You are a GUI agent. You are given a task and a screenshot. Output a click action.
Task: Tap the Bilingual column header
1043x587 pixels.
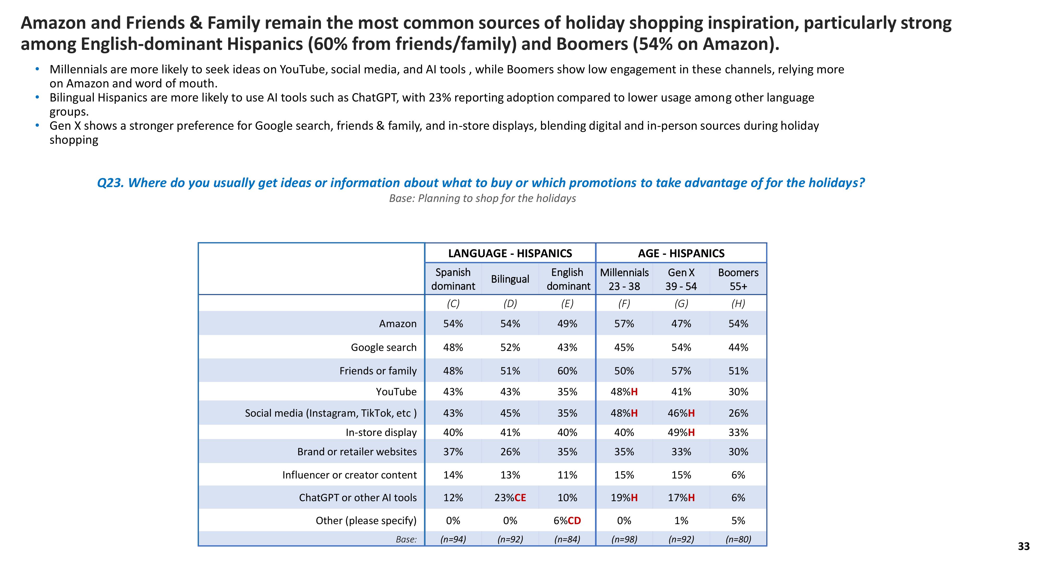click(510, 279)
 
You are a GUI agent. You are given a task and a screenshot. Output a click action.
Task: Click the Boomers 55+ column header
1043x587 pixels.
click(738, 279)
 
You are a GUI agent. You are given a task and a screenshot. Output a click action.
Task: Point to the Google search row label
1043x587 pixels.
click(383, 347)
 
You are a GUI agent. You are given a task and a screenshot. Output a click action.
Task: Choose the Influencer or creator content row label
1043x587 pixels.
click(349, 475)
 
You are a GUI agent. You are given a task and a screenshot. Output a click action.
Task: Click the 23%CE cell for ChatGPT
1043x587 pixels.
click(510, 498)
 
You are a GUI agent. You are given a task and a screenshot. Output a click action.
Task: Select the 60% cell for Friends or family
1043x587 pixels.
click(567, 371)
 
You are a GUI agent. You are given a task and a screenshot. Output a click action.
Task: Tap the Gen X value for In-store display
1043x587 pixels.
click(681, 432)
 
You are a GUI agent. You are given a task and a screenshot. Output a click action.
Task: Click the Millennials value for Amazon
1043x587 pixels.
click(624, 324)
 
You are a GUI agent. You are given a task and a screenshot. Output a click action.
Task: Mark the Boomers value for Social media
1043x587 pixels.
click(738, 413)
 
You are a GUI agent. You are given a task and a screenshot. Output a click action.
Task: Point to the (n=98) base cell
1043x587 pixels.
click(624, 539)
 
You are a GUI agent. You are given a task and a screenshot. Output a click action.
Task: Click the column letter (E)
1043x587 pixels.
click(567, 303)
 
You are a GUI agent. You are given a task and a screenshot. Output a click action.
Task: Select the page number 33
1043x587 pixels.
click(1023, 547)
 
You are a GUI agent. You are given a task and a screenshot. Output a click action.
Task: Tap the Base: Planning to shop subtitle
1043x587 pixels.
click(482, 199)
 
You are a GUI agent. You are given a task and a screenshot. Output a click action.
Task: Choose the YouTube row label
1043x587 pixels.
click(396, 392)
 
